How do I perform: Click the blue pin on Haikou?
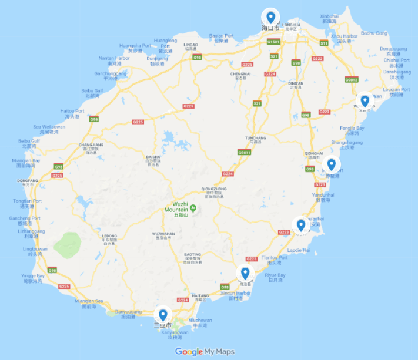pos(270,17)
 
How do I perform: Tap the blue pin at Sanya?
pos(163,315)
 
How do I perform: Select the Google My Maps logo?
pos(205,352)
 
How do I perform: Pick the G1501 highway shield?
pos(273,42)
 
